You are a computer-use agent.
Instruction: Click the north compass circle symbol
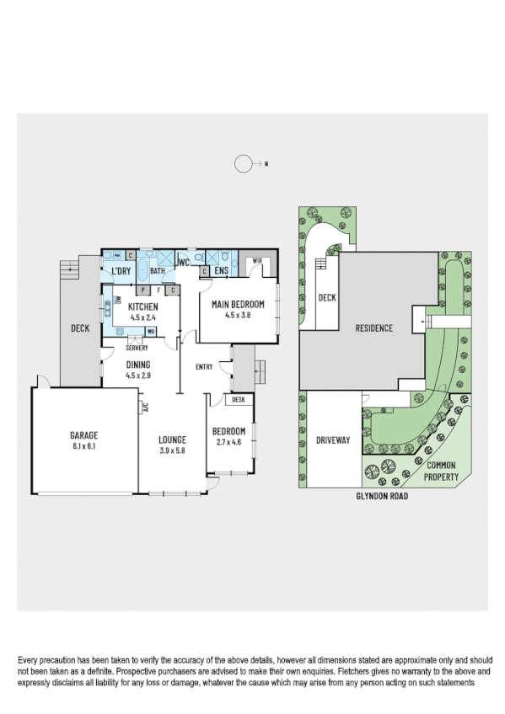coord(244,165)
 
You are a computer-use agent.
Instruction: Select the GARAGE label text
coord(83,435)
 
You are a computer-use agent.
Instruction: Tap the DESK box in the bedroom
coord(238,400)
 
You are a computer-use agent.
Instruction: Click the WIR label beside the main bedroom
coord(257,262)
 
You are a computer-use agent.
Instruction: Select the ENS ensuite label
coord(221,271)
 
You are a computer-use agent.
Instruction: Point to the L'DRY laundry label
coord(121,271)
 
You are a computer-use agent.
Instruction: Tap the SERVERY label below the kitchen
coord(137,348)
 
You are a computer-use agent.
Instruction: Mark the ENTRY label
coord(204,366)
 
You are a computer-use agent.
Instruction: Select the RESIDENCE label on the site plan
coord(373,328)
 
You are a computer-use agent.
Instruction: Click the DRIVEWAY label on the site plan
coord(332,440)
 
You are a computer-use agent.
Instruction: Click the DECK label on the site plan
coord(326,297)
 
